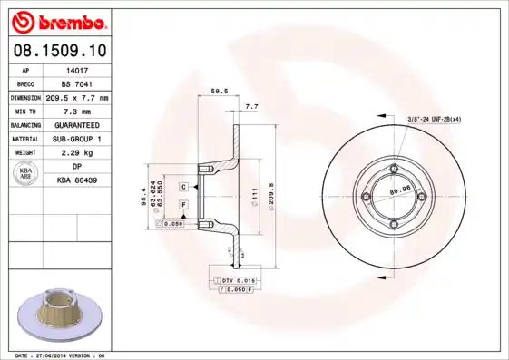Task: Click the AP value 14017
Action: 76,68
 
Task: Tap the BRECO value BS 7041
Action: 76,83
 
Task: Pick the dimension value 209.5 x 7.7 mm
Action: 76,96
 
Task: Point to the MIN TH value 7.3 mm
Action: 76,110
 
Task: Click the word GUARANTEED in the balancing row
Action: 76,124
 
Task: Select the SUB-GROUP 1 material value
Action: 76,139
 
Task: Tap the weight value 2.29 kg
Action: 76,153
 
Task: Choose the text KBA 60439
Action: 76,180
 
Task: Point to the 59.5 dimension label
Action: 218,91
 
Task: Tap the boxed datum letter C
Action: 183,186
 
